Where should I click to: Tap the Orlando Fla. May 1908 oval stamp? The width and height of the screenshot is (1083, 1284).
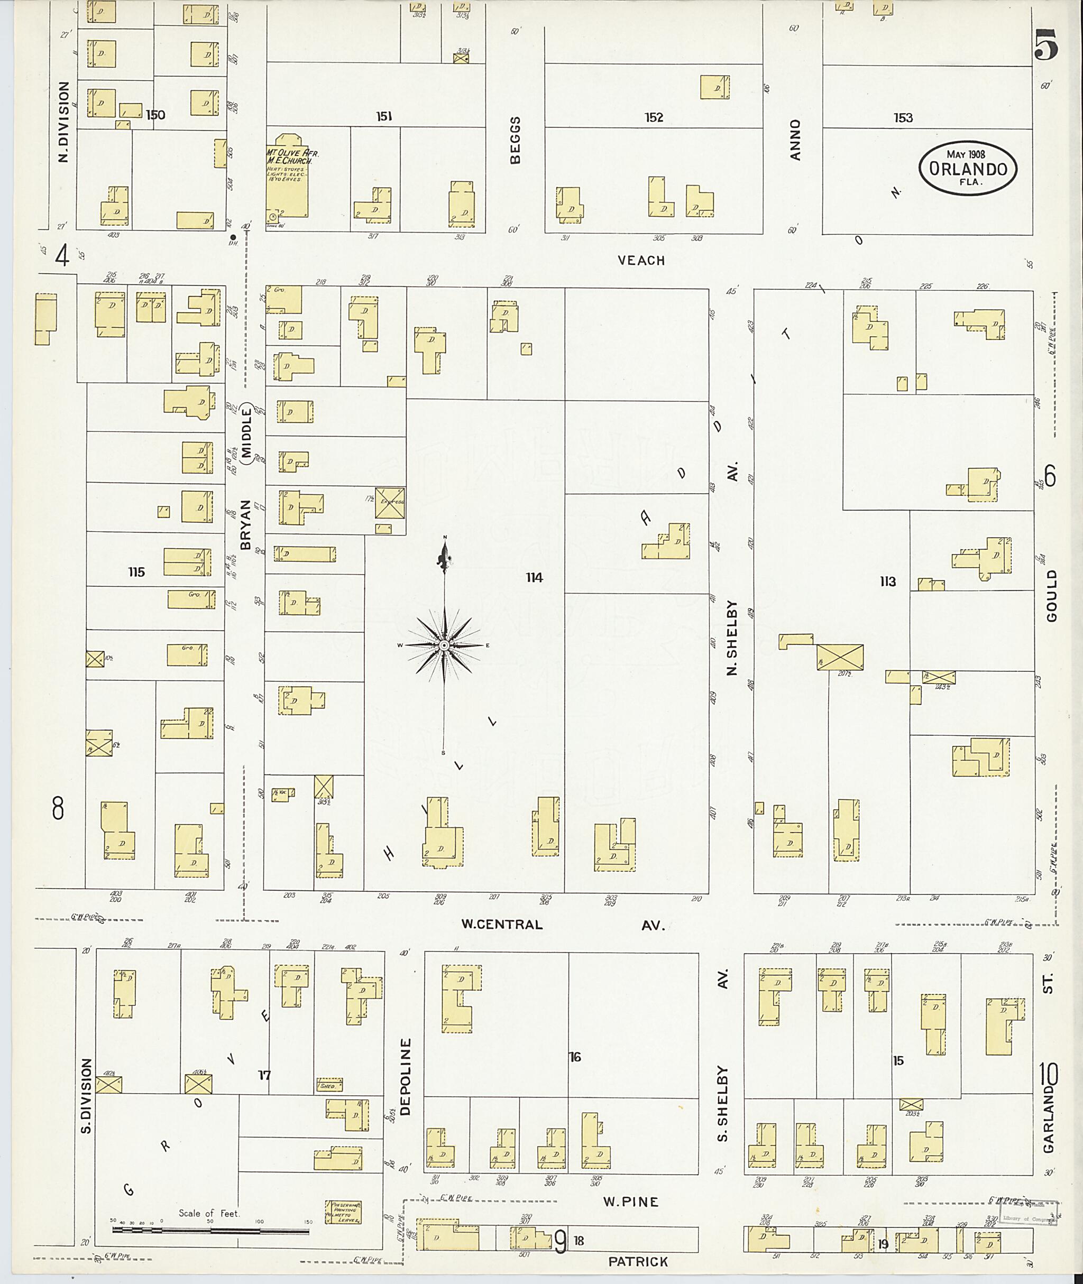click(x=968, y=169)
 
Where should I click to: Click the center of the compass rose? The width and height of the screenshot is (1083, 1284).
click(x=444, y=645)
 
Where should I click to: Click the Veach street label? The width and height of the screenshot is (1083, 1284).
click(x=641, y=260)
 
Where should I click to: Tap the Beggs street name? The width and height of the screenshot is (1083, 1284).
click(x=515, y=140)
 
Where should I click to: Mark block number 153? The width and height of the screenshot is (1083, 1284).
click(x=903, y=118)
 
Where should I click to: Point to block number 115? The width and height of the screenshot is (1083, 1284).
click(x=136, y=572)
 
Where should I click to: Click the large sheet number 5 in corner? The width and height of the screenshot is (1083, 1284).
click(x=1045, y=45)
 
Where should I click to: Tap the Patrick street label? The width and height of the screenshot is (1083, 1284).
click(x=638, y=1261)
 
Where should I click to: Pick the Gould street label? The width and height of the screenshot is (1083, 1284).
click(x=1052, y=595)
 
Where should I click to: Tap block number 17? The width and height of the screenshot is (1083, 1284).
click(x=264, y=1075)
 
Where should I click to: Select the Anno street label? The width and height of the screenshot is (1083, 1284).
click(x=796, y=140)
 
